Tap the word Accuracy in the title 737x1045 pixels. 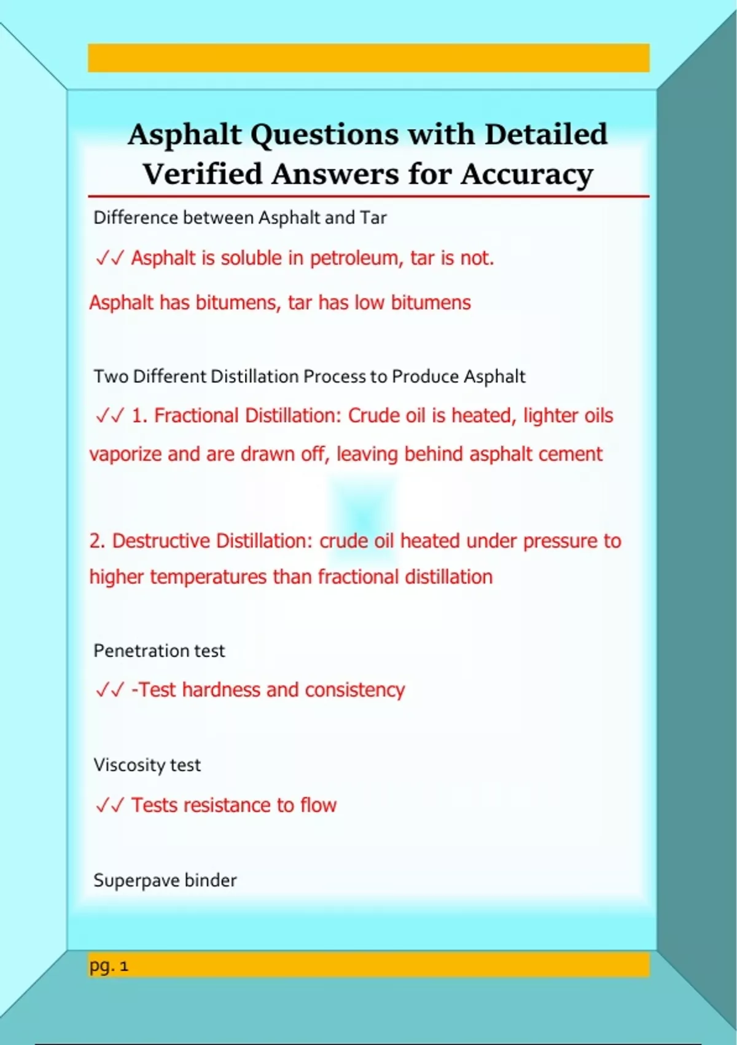pyautogui.click(x=527, y=175)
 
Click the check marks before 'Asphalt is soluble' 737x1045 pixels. pyautogui.click(x=110, y=258)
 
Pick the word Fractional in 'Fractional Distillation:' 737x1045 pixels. pyautogui.click(x=196, y=416)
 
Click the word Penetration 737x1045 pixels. pyautogui.click(x=141, y=651)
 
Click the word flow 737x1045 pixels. pyautogui.click(x=318, y=805)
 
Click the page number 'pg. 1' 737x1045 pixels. pyautogui.click(x=109, y=966)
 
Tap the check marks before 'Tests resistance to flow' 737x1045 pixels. pyautogui.click(x=110, y=805)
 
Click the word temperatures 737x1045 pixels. pyautogui.click(x=208, y=577)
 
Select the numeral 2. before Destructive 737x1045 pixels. pyautogui.click(x=97, y=541)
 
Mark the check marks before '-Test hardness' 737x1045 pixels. pyautogui.click(x=110, y=690)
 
